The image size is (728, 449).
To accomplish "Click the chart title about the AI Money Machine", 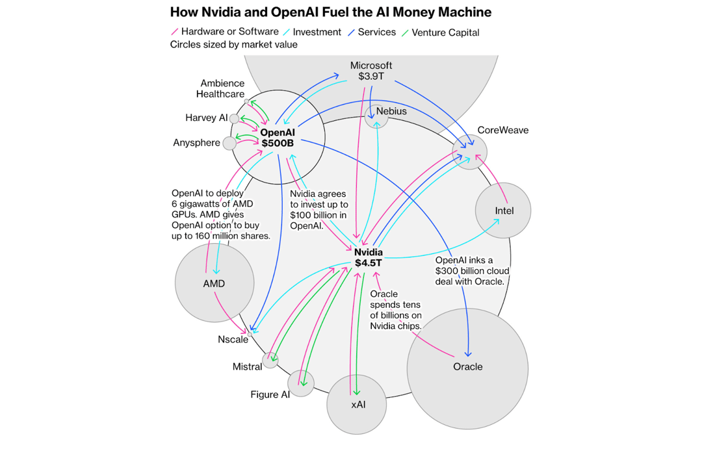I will [330, 12].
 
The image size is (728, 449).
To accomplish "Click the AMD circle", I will [214, 283].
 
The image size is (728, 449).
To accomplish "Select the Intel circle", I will [504, 211].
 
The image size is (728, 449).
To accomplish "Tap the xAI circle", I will [358, 404].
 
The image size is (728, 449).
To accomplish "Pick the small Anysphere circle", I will [229, 143].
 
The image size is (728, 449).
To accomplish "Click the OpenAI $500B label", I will [278, 137].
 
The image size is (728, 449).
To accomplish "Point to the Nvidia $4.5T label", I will [369, 257].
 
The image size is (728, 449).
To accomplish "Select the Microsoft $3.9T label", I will [371, 71].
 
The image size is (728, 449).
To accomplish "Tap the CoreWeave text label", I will [503, 130].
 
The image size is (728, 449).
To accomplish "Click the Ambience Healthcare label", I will [222, 88].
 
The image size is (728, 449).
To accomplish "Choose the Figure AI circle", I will [301, 383].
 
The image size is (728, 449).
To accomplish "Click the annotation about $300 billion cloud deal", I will [471, 270].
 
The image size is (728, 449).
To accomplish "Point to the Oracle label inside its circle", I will [467, 366].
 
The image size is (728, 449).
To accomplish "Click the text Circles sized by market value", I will [233, 45].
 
